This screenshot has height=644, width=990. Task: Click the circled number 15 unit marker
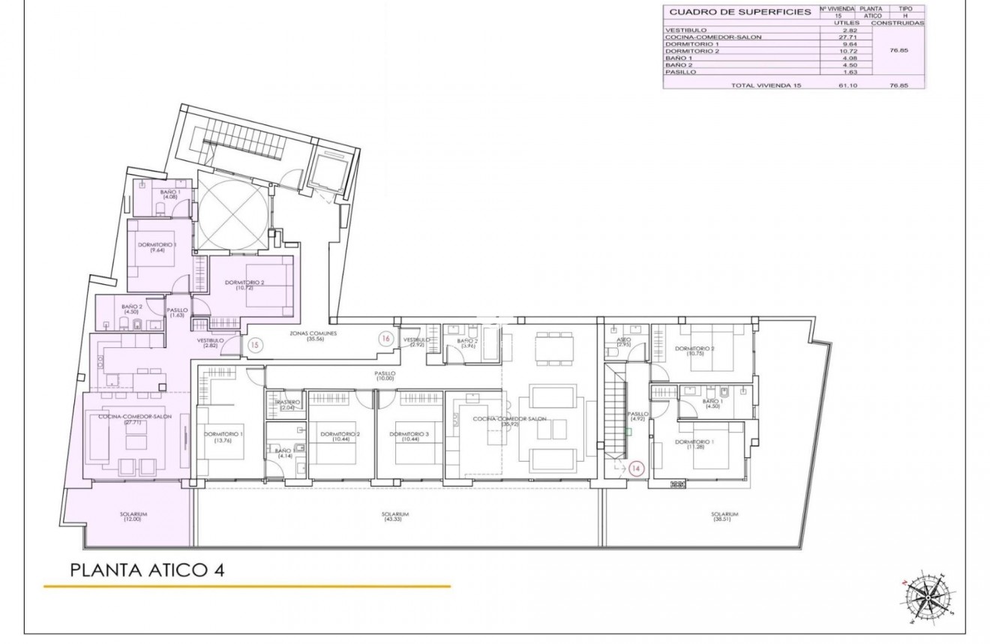tap(255, 346)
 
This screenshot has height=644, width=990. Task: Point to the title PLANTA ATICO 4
tap(147, 570)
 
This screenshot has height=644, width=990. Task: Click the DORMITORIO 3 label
tap(410, 437)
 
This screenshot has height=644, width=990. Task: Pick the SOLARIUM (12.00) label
tap(133, 517)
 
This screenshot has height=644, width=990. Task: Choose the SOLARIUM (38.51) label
tap(725, 517)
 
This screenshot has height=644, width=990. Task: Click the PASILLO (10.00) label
tap(385, 376)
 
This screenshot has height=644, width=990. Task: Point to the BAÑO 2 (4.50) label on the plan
tap(132, 310)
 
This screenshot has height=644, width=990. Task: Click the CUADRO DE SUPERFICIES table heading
tap(739, 12)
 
